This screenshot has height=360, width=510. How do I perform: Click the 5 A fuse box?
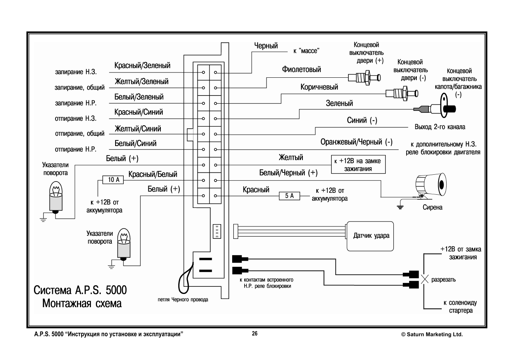290,196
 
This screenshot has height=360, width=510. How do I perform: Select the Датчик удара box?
370,236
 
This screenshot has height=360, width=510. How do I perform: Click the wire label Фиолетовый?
301,69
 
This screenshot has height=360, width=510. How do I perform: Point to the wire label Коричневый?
319,87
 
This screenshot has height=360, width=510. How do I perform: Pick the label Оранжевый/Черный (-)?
356,142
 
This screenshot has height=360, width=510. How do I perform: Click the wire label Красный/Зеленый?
142,66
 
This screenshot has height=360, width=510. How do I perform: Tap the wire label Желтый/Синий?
138,129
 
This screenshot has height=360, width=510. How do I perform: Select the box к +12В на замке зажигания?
358,165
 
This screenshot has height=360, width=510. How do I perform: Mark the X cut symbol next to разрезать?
425,280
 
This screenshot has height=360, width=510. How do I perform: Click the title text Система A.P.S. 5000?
80,290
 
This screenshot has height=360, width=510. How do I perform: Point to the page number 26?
255,334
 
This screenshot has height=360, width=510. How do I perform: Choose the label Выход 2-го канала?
440,127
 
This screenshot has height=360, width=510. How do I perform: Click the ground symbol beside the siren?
399,206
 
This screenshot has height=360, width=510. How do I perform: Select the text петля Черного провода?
183,300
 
